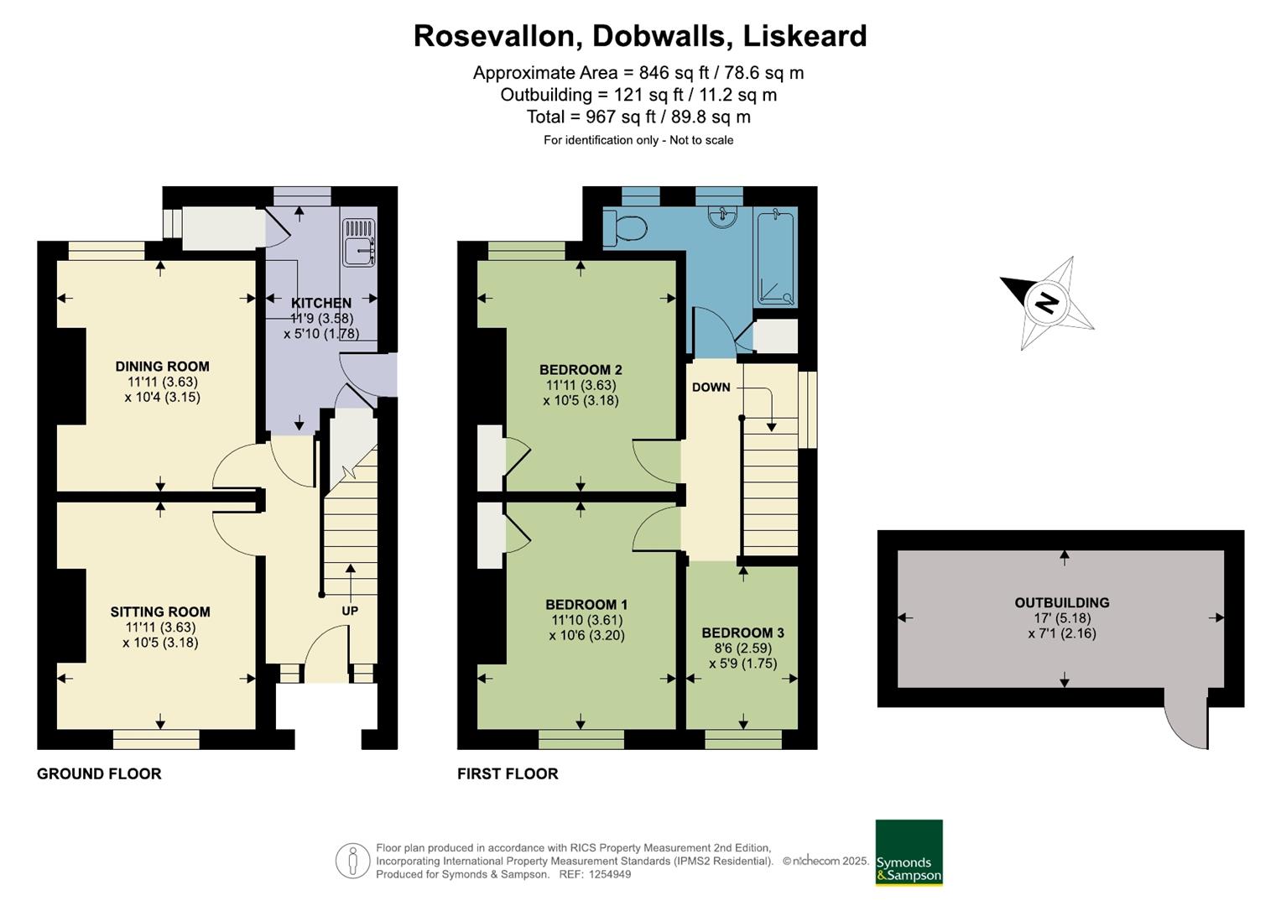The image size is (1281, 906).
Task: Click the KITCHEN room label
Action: [x=321, y=303]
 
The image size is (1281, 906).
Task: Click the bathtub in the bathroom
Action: [x=776, y=258]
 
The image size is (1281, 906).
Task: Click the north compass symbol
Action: [x=1046, y=302]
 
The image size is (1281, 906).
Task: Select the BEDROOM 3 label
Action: [x=742, y=633]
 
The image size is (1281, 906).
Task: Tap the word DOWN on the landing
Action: [x=711, y=387]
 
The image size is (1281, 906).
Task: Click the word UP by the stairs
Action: [x=350, y=611]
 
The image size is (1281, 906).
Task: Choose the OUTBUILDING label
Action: [x=1061, y=602]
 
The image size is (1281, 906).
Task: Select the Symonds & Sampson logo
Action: [x=909, y=852]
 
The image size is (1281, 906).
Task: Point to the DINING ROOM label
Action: [x=162, y=366]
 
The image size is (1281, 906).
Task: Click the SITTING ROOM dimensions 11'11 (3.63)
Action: [x=160, y=627]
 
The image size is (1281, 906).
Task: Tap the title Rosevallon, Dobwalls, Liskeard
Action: [x=639, y=36]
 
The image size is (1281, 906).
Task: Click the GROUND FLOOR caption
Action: [x=99, y=773]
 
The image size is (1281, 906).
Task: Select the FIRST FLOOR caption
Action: [x=508, y=773]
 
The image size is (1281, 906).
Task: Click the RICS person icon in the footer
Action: [x=352, y=861]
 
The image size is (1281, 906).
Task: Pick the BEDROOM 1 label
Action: [x=586, y=604]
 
